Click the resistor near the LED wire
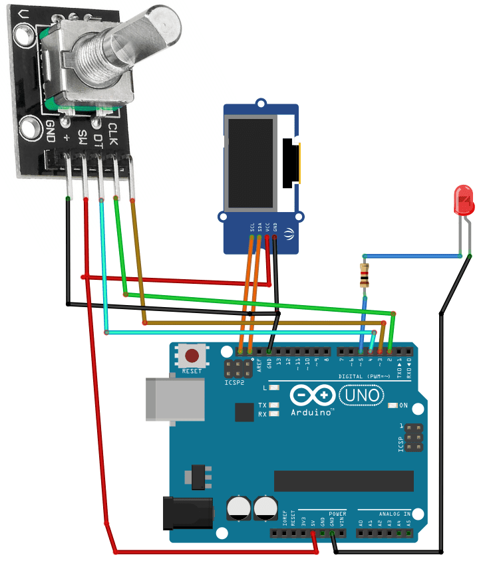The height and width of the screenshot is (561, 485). (364, 275)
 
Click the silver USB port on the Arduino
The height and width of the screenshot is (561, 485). (175, 399)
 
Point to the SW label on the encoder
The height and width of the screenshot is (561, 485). (82, 138)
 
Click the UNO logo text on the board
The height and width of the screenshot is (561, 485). (362, 396)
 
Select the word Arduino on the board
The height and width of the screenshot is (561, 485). (311, 412)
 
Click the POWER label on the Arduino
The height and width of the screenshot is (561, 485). (337, 513)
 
